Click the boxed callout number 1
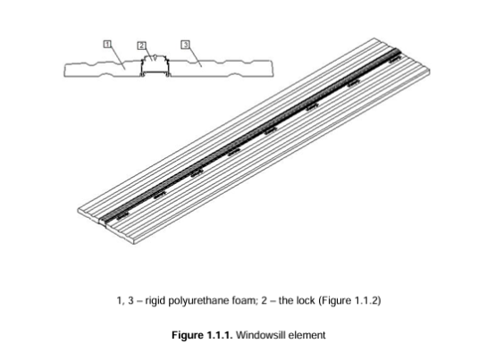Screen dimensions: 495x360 pyautogui.click(x=107, y=44)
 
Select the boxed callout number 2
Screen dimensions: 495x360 pyautogui.click(x=142, y=46)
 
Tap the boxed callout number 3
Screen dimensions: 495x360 pyautogui.click(x=186, y=45)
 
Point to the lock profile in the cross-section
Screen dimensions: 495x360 pyautogui.click(x=155, y=66)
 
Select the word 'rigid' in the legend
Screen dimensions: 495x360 pyautogui.click(x=155, y=301)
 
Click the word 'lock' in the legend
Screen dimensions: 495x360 pyautogui.click(x=306, y=300)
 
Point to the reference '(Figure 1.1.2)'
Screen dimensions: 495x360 pyautogui.click(x=349, y=300)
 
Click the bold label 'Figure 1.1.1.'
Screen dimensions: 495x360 pyautogui.click(x=202, y=335)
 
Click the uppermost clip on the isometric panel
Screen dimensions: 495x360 pyautogui.click(x=395, y=59)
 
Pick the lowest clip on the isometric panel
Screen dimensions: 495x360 pyautogui.click(x=123, y=216)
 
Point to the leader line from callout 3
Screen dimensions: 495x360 pyautogui.click(x=195, y=57)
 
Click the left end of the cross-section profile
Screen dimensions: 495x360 pyautogui.click(x=64, y=70)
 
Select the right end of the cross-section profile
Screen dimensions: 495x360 pyautogui.click(x=273, y=68)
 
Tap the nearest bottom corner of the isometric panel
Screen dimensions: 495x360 pyautogui.click(x=135, y=244)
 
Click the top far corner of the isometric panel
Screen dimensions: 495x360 pyautogui.click(x=374, y=38)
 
